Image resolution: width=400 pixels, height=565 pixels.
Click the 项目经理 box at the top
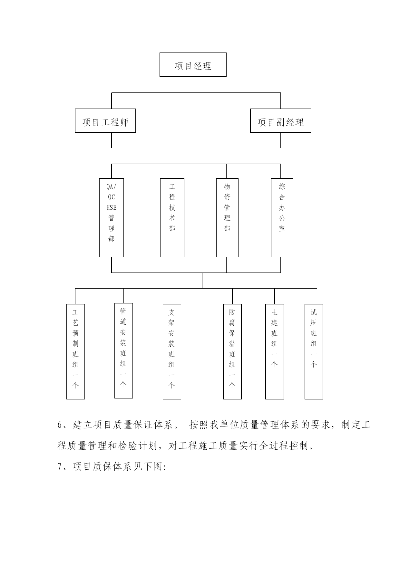[x=193, y=65]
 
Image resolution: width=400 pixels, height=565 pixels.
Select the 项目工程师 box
[x=105, y=121]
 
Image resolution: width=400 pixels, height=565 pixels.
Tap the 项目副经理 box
[x=280, y=121]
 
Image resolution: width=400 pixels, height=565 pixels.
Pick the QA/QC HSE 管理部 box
[x=112, y=218]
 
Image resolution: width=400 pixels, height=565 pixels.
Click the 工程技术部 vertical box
[x=172, y=218]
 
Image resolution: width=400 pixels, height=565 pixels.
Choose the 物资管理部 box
[x=227, y=218]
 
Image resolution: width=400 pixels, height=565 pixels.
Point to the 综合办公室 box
[x=282, y=218]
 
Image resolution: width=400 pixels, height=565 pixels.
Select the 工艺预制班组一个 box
[x=76, y=351]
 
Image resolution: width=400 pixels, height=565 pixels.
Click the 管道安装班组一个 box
[x=123, y=351]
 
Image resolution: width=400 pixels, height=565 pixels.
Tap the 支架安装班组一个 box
[x=172, y=351]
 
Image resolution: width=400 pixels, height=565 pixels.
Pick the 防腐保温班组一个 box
[x=232, y=351]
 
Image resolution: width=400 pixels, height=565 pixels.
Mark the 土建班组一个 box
[x=275, y=351]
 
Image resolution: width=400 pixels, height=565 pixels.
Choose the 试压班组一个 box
[x=314, y=351]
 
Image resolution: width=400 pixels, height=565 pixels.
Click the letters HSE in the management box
[x=112, y=208]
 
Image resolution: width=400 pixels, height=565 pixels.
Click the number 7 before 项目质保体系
[x=60, y=467]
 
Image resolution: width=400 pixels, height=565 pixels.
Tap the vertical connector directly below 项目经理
[x=196, y=84]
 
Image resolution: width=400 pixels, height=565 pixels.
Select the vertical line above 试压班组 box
[x=317, y=296]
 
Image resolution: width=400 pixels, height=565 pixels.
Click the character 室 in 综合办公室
[x=282, y=228]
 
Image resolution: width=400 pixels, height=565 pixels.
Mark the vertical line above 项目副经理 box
[x=281, y=101]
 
